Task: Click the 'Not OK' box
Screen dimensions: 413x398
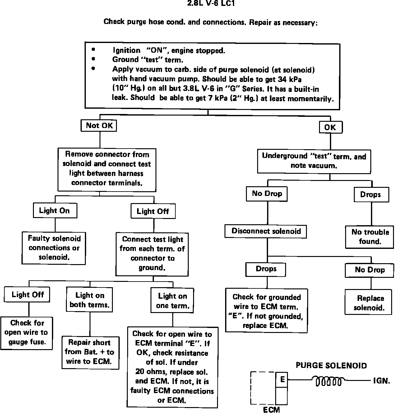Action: click(x=99, y=126)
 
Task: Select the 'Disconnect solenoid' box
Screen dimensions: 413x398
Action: click(x=266, y=231)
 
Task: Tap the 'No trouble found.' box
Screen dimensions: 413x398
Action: click(x=370, y=237)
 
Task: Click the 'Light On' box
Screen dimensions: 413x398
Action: click(x=55, y=211)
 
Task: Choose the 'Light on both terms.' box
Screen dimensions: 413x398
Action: click(x=90, y=300)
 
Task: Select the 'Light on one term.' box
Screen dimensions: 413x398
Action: click(x=173, y=301)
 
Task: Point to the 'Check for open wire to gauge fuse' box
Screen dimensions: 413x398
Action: click(x=26, y=332)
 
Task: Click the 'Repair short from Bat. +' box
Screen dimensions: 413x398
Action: click(x=90, y=352)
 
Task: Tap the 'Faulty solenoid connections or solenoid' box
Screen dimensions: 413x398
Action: click(x=54, y=248)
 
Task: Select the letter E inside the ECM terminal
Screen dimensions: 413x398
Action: click(x=282, y=379)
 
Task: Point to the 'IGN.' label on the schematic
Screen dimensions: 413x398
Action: click(x=382, y=381)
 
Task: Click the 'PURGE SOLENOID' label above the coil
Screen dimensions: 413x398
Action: click(x=331, y=365)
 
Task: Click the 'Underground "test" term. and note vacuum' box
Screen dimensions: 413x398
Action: click(x=314, y=161)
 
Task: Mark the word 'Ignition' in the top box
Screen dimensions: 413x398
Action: click(x=126, y=50)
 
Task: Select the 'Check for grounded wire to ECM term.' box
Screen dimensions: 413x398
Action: click(x=266, y=311)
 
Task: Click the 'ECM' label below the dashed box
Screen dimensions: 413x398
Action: click(x=271, y=410)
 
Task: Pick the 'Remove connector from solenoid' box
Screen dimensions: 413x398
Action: click(x=107, y=169)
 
